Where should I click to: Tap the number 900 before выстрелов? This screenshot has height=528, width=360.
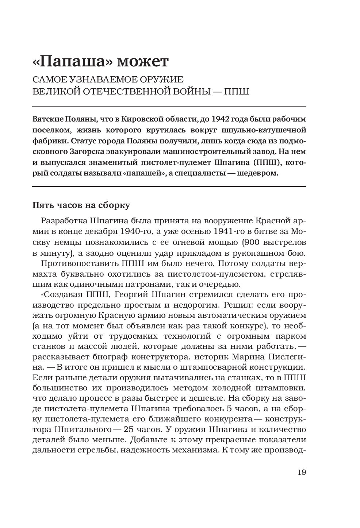click(249, 242)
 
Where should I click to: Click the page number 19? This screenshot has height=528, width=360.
click(302, 472)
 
